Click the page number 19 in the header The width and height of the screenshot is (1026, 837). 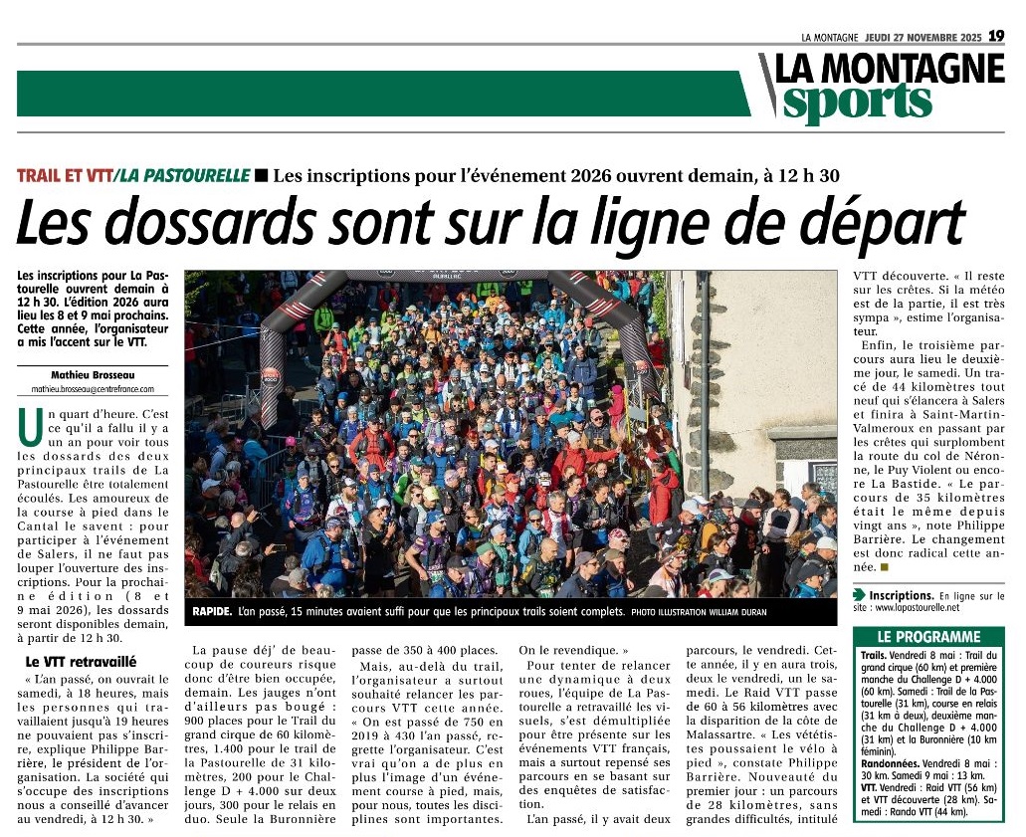pyautogui.click(x=996, y=36)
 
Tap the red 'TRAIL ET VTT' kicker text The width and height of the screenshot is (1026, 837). pyautogui.click(x=63, y=176)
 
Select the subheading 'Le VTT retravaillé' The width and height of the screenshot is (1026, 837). pyautogui.click(x=81, y=662)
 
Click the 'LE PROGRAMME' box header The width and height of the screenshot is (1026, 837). pyautogui.click(x=927, y=637)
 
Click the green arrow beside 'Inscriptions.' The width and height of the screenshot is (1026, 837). pyautogui.click(x=860, y=595)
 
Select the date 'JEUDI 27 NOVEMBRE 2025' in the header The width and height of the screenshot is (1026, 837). pyautogui.click(x=923, y=37)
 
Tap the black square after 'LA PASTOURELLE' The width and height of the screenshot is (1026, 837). pyautogui.click(x=261, y=176)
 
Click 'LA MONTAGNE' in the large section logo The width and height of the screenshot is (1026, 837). pyautogui.click(x=890, y=68)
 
